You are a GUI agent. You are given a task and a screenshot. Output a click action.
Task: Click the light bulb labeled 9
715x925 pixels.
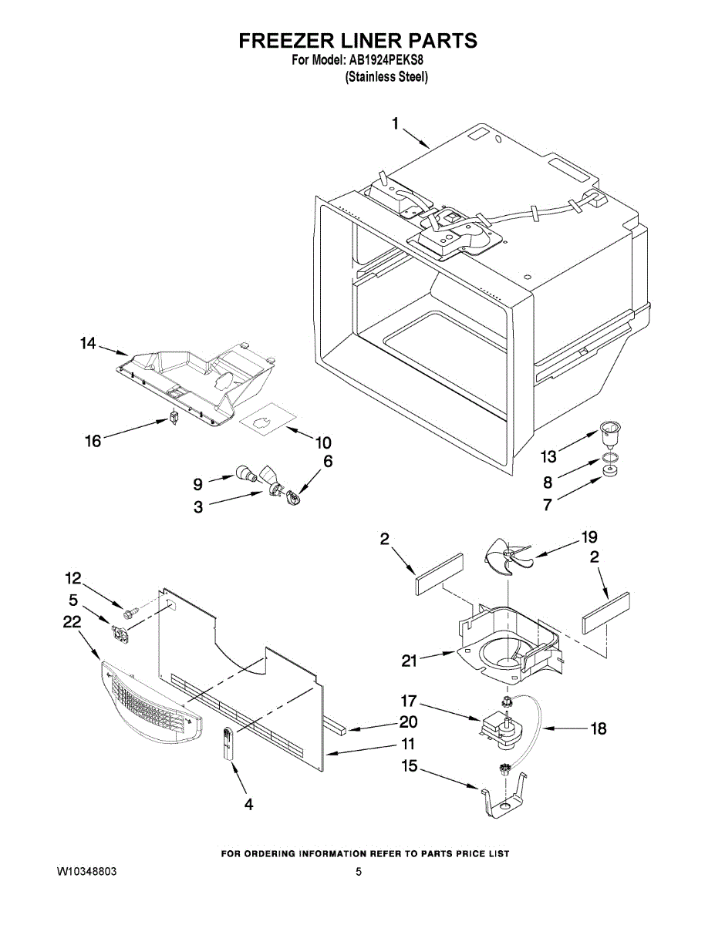pyautogui.click(x=248, y=474)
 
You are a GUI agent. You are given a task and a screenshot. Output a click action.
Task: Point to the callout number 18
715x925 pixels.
pyautogui.click(x=598, y=728)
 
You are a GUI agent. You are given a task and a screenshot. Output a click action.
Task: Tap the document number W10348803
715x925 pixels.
pyautogui.click(x=86, y=872)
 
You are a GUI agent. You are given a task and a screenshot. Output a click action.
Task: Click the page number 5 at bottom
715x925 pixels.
pyautogui.click(x=359, y=872)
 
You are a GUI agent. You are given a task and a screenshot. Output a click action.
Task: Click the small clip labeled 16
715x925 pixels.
pyautogui.click(x=175, y=417)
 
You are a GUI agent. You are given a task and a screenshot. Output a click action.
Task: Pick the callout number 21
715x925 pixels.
pyautogui.click(x=410, y=660)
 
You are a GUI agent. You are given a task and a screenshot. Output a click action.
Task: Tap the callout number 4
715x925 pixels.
pyautogui.click(x=248, y=804)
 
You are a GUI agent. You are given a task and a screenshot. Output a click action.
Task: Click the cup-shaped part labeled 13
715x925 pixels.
pyautogui.click(x=611, y=432)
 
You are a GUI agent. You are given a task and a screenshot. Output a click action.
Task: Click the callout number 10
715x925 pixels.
pyautogui.click(x=323, y=442)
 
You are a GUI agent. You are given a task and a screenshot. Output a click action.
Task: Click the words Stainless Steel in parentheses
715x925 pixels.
pyautogui.click(x=386, y=76)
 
